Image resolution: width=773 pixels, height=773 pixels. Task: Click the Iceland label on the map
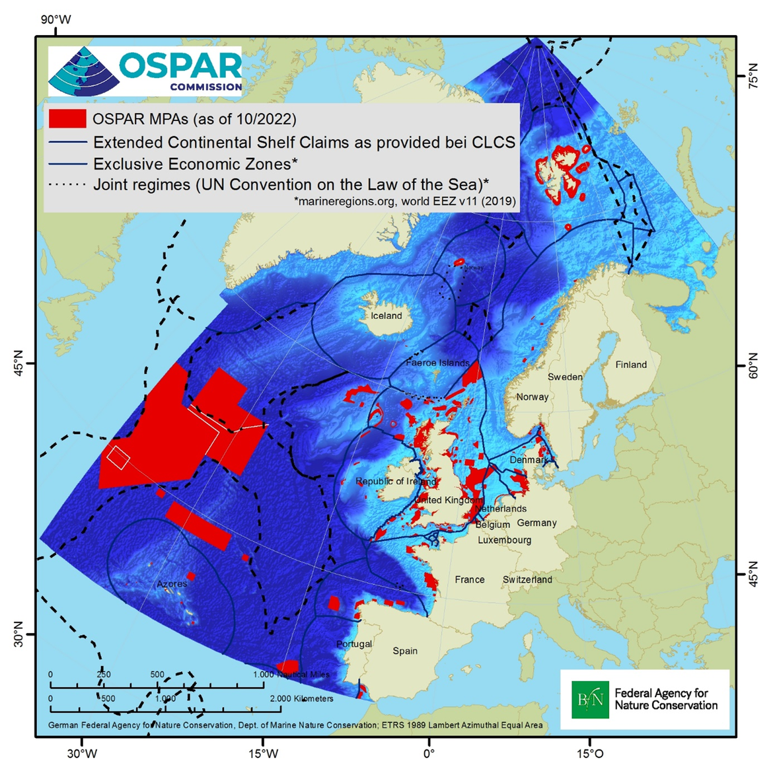point(386,316)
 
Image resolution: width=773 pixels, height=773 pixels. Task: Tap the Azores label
point(172,584)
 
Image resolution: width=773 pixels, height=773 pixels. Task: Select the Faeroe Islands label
point(437,363)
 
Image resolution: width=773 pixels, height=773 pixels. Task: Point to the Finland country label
point(631,365)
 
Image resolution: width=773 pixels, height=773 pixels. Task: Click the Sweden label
point(565,377)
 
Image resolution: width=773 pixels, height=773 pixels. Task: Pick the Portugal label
point(354,644)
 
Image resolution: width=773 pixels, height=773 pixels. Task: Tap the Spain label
point(405,651)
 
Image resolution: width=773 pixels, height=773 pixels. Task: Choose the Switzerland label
point(527,579)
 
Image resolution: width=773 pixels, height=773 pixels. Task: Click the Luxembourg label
point(504,540)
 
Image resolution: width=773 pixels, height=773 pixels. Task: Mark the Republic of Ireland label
point(396,481)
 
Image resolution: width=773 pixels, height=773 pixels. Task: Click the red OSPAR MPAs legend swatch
point(67,119)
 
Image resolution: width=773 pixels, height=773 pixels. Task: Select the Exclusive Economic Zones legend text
point(195,164)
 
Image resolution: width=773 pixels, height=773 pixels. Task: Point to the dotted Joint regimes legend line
point(67,185)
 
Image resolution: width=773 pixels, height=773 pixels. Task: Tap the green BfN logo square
point(590,700)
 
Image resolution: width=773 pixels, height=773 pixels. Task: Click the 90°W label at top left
point(55,20)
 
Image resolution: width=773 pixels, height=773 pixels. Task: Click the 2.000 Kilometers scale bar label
point(301,698)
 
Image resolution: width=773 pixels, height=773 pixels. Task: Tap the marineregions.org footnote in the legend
point(404,202)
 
